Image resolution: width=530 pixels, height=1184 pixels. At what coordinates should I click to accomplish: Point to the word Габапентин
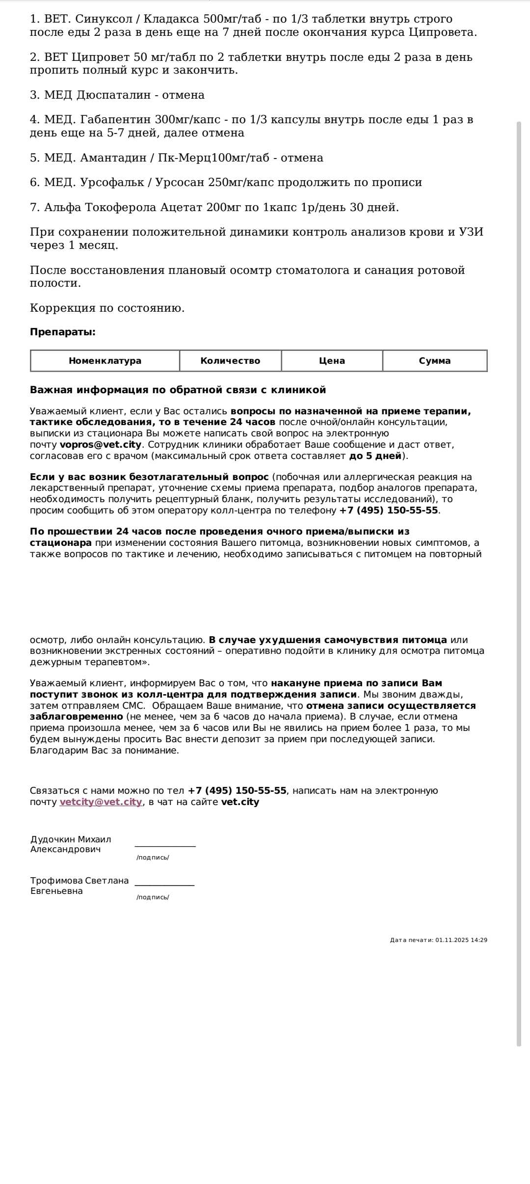pos(116,120)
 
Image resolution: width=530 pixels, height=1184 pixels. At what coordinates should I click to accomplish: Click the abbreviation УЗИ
pos(471,232)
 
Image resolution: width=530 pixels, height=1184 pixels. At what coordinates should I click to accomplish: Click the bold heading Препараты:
pos(63,332)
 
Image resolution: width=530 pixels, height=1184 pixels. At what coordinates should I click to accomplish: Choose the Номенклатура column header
pos(105,361)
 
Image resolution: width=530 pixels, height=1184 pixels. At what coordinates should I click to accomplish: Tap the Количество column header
pos(230,361)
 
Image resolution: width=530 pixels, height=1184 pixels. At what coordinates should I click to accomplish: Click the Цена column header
pos(332,361)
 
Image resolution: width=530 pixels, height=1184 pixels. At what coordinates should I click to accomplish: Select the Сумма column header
pos(434,361)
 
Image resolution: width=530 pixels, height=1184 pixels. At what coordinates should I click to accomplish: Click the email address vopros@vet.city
pos(101,445)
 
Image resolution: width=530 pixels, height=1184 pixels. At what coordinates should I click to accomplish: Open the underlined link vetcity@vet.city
pos(101,802)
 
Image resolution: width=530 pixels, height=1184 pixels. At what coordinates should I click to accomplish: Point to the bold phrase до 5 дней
pos(375,456)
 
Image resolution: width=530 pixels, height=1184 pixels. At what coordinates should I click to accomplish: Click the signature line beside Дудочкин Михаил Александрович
pos(165,845)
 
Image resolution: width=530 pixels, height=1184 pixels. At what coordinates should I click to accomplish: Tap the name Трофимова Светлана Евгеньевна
pos(79,886)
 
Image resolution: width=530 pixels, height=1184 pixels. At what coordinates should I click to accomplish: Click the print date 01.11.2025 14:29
pos(461,940)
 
